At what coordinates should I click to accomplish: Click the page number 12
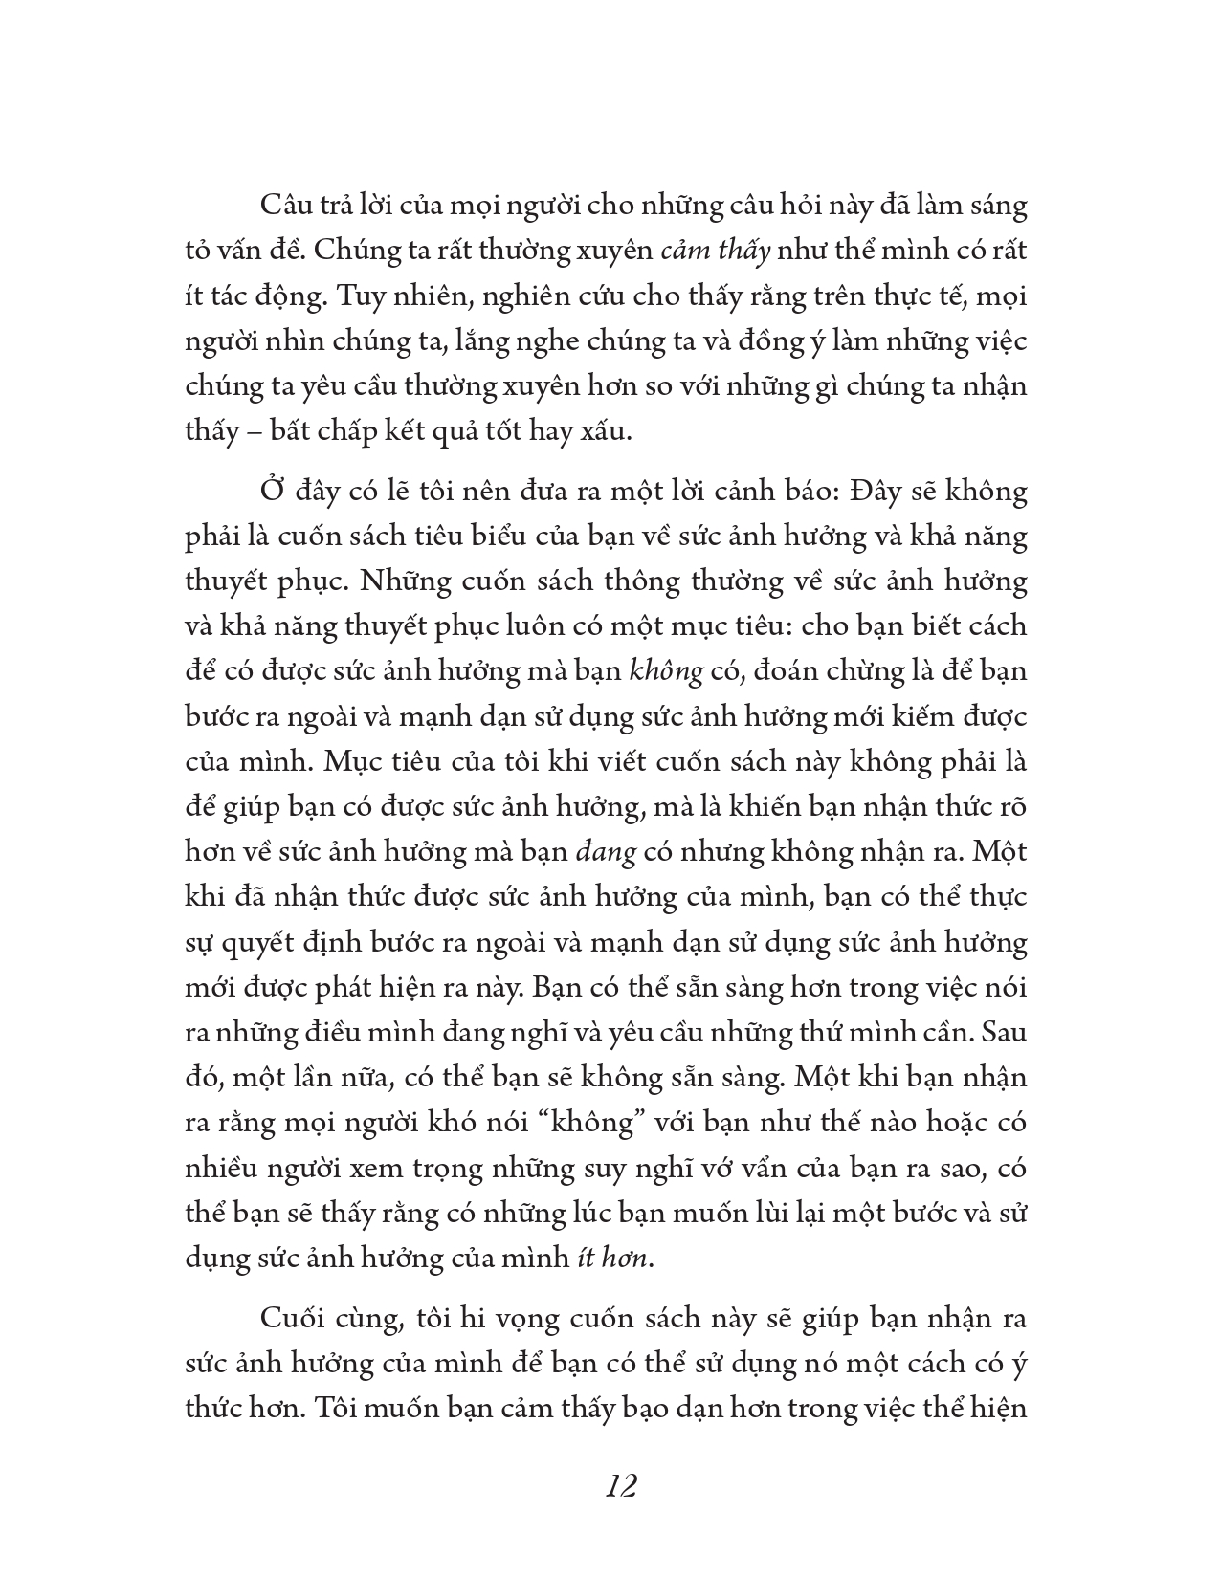click(621, 1487)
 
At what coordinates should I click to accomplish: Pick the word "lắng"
click(442, 341)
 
